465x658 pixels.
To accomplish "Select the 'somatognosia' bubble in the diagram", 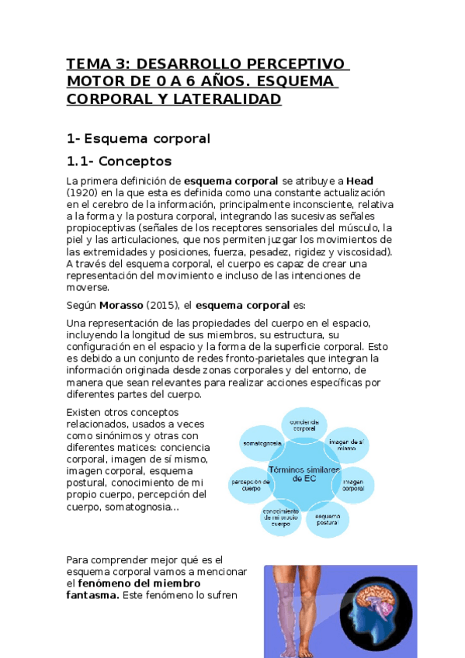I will pyautogui.click(x=262, y=444).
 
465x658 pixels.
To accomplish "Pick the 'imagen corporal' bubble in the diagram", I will pyautogui.click(x=354, y=484).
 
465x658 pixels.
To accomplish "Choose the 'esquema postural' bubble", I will pyautogui.click(x=328, y=520).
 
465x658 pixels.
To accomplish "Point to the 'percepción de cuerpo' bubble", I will pyautogui.click(x=251, y=486).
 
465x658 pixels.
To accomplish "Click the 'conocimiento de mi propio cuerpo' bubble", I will pyautogui.click(x=281, y=518).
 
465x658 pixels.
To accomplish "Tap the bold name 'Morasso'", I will pyautogui.click(x=123, y=304).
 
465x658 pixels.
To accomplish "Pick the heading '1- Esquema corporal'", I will pyautogui.click(x=138, y=139).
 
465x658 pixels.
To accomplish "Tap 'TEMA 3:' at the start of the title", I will pyautogui.click(x=92, y=64).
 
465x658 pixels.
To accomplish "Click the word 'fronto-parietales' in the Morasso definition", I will pyautogui.click(x=251, y=358).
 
